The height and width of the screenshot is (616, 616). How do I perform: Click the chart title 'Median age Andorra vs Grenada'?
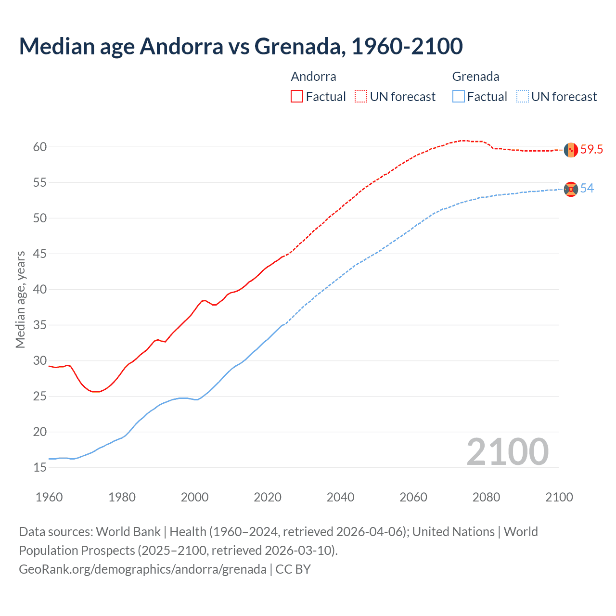coord(241,46)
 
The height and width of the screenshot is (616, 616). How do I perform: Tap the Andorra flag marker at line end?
coord(571,150)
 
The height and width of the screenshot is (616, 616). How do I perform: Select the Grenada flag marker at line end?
coord(571,189)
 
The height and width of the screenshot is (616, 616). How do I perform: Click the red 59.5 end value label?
coord(591,150)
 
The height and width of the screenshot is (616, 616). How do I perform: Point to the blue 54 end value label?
coord(587,189)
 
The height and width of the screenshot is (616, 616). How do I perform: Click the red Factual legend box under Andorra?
coord(297,97)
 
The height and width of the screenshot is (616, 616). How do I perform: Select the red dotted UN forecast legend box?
coord(361,97)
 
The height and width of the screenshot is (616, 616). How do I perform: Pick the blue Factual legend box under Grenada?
coord(459,97)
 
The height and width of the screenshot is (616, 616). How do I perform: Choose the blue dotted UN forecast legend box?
coord(523,97)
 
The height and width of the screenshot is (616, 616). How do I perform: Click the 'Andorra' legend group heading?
coord(313,77)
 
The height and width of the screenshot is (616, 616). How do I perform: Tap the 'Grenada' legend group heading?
coord(475,77)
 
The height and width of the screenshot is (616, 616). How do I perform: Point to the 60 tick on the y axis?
coord(40,147)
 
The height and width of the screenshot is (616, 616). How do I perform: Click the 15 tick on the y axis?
coord(40,468)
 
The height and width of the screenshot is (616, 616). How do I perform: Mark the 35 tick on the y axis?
coord(40,325)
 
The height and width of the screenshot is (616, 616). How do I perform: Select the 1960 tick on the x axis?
coord(49,497)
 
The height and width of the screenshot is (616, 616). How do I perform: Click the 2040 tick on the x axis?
coord(340,497)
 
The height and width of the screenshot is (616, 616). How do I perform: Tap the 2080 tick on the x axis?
coord(486,497)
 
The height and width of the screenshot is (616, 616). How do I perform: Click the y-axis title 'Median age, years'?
coord(20,299)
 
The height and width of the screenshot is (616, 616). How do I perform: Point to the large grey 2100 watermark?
coord(507,452)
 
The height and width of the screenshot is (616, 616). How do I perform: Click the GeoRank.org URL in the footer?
coord(142,569)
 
